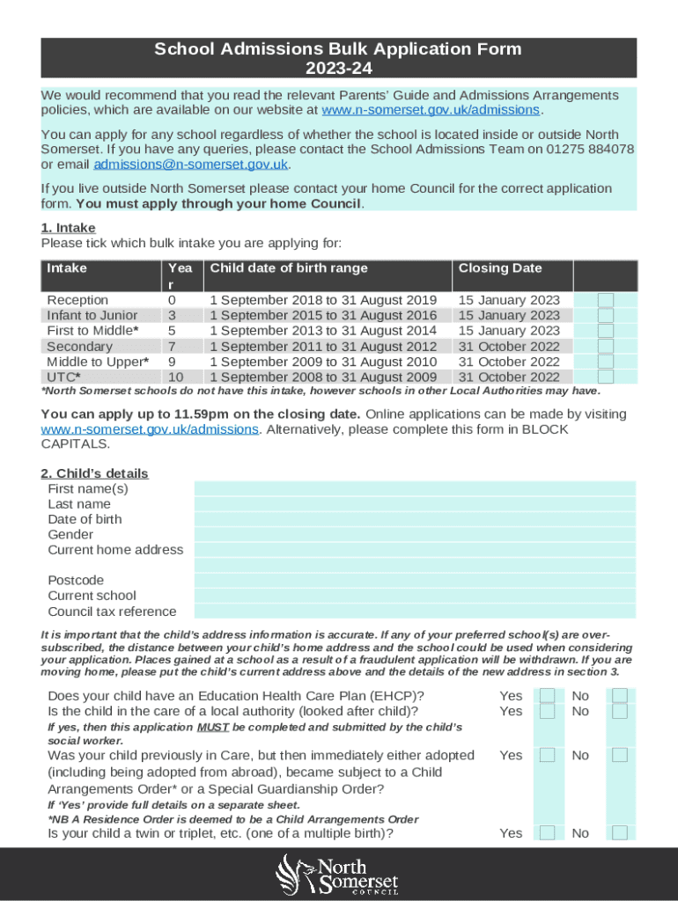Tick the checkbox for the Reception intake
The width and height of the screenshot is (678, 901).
tap(606, 300)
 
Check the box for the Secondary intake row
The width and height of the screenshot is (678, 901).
tap(606, 346)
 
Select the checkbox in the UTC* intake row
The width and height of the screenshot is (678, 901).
tap(606, 377)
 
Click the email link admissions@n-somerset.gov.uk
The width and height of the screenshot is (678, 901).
tap(191, 164)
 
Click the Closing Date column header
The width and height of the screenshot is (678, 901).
tap(500, 268)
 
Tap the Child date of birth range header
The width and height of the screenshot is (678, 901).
tap(288, 268)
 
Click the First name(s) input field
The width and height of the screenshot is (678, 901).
tap(414, 488)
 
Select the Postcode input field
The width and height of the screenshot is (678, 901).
tap(414, 581)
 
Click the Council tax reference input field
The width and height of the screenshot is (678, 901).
tap(414, 612)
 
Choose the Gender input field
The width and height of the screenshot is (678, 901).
tap(414, 534)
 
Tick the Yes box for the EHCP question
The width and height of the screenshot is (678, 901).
tap(548, 696)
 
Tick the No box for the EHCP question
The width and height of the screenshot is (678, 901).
tap(620, 696)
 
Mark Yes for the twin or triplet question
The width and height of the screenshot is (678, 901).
tap(548, 833)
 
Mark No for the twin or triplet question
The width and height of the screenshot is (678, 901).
tap(620, 833)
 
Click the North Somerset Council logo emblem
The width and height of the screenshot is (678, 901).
tap(293, 874)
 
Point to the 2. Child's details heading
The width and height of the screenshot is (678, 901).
tap(95, 473)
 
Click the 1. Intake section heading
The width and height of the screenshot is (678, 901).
tap(69, 228)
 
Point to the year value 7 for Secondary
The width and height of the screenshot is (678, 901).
tap(172, 347)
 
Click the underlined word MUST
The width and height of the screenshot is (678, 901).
tap(213, 728)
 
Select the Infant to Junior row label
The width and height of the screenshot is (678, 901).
tap(92, 315)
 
